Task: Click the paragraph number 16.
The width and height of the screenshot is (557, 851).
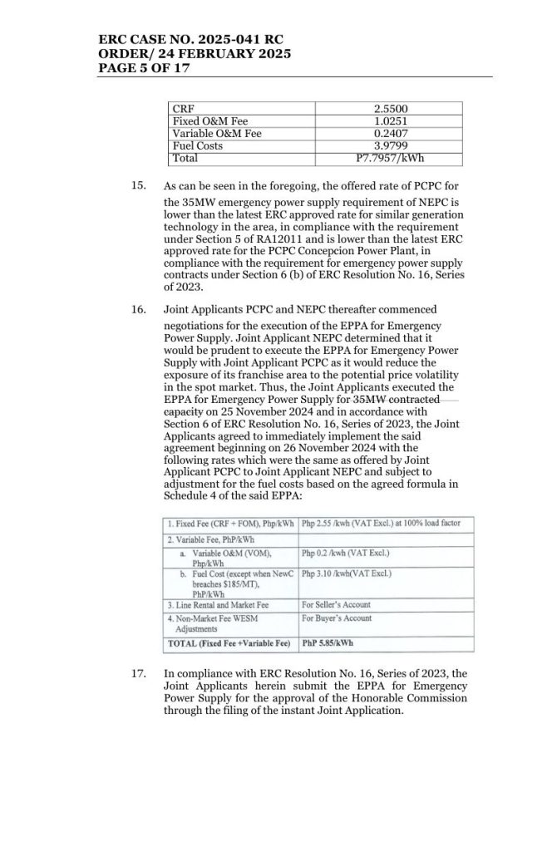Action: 139,309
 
